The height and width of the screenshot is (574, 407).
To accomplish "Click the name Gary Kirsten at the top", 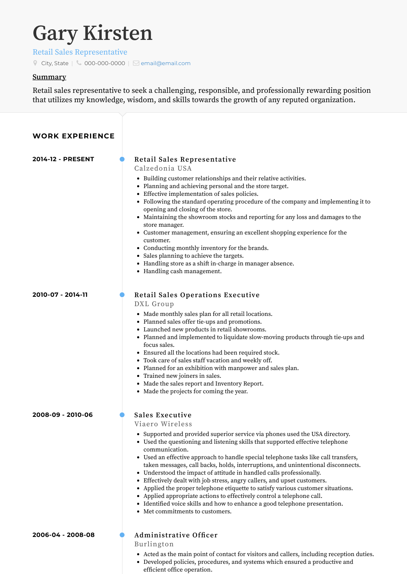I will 92,33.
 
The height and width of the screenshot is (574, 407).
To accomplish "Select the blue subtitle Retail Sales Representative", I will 80,52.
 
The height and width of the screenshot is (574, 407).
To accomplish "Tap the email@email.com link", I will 165,64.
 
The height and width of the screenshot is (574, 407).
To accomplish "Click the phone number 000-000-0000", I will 105,64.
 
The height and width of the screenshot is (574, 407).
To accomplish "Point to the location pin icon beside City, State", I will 35,63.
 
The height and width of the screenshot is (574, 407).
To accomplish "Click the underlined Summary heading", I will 49,77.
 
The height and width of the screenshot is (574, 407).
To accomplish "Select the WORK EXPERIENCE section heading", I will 74,136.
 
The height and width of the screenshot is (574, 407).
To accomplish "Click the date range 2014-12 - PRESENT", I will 63,159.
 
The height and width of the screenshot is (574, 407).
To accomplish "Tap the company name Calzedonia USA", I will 163,169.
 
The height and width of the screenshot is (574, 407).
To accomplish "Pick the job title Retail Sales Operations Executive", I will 197,295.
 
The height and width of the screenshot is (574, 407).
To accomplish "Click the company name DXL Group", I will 154,304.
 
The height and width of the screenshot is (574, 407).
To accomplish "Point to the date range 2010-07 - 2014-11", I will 60,295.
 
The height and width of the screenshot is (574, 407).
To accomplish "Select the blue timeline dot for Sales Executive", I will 122,415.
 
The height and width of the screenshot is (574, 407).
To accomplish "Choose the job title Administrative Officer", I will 176,535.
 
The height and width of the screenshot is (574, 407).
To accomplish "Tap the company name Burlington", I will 154,544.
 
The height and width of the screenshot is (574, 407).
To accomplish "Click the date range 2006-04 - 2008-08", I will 63,535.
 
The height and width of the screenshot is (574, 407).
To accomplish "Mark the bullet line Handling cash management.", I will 182,272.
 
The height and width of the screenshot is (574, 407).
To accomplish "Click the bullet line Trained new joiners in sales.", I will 182,376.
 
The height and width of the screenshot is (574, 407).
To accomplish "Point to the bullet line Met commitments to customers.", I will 187,512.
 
